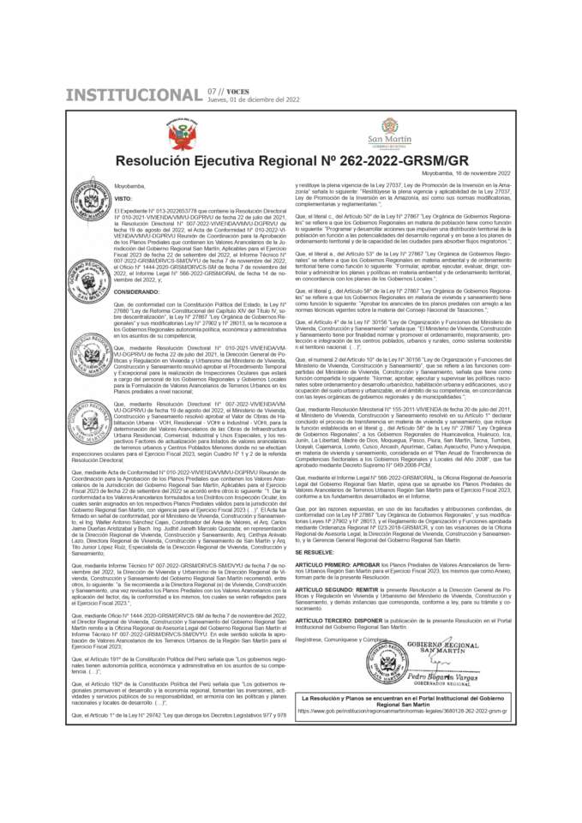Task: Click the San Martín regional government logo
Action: pyautogui.click(x=389, y=133)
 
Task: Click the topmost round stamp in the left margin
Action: pyautogui.click(x=91, y=195)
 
